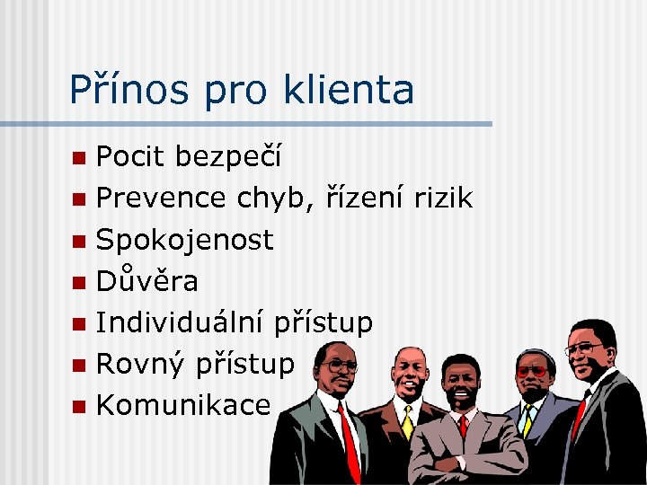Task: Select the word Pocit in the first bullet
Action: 130,158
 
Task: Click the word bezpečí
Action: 228,159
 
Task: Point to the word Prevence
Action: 161,198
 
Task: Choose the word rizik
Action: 442,198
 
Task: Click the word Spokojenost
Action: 184,241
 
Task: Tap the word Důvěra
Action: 146,281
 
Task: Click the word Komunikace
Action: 182,405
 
